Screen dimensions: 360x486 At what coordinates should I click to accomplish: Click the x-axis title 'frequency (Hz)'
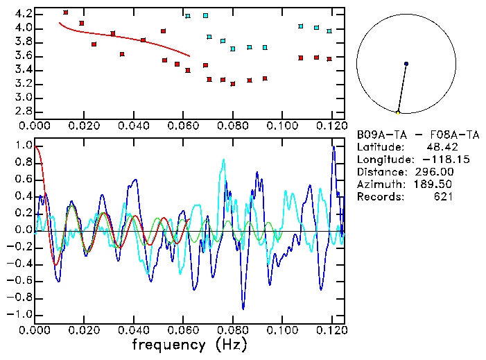click(189, 345)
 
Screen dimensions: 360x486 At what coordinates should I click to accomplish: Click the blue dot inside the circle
click(406, 64)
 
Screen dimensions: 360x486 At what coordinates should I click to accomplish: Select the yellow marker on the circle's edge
click(398, 112)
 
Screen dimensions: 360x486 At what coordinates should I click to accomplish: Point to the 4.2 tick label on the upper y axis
click(23, 14)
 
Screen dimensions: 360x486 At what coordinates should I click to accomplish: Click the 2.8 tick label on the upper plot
click(23, 111)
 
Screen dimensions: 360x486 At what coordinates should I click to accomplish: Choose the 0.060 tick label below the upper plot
click(184, 126)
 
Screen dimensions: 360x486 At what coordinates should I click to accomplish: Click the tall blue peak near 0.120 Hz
click(333, 147)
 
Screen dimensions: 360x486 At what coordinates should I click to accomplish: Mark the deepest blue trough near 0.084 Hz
click(243, 308)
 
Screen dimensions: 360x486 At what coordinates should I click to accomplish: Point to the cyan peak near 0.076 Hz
click(223, 160)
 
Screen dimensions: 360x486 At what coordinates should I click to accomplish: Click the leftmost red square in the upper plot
click(65, 12)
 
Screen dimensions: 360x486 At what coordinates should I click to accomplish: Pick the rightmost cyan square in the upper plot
click(329, 31)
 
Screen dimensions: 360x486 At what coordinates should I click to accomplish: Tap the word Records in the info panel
click(380, 197)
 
